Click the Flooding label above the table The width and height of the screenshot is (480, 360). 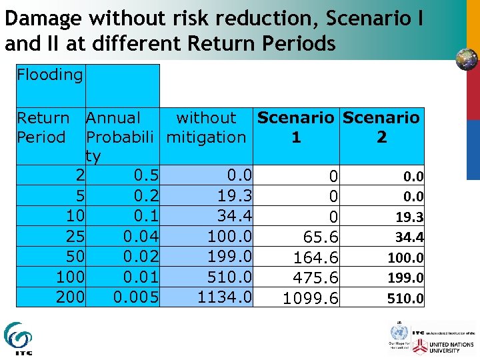[50, 75]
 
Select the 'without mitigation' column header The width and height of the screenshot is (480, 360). [206, 128]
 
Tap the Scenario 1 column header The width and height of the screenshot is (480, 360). [295, 128]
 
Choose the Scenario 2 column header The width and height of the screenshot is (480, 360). [381, 128]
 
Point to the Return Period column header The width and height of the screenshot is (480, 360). [43, 128]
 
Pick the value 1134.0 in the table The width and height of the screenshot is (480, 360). [225, 297]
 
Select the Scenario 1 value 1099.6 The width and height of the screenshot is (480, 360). [311, 299]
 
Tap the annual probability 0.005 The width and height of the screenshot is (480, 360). [136, 297]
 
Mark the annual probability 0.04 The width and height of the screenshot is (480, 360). [141, 236]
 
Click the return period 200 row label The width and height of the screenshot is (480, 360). [70, 297]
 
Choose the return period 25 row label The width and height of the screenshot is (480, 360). [75, 236]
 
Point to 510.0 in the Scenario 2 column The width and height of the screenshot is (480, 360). [405, 299]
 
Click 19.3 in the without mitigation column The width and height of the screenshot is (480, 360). [234, 196]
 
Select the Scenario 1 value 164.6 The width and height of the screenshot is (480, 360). [316, 258]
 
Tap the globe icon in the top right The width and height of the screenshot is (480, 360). [467, 59]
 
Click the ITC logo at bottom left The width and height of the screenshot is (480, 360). [18, 338]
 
